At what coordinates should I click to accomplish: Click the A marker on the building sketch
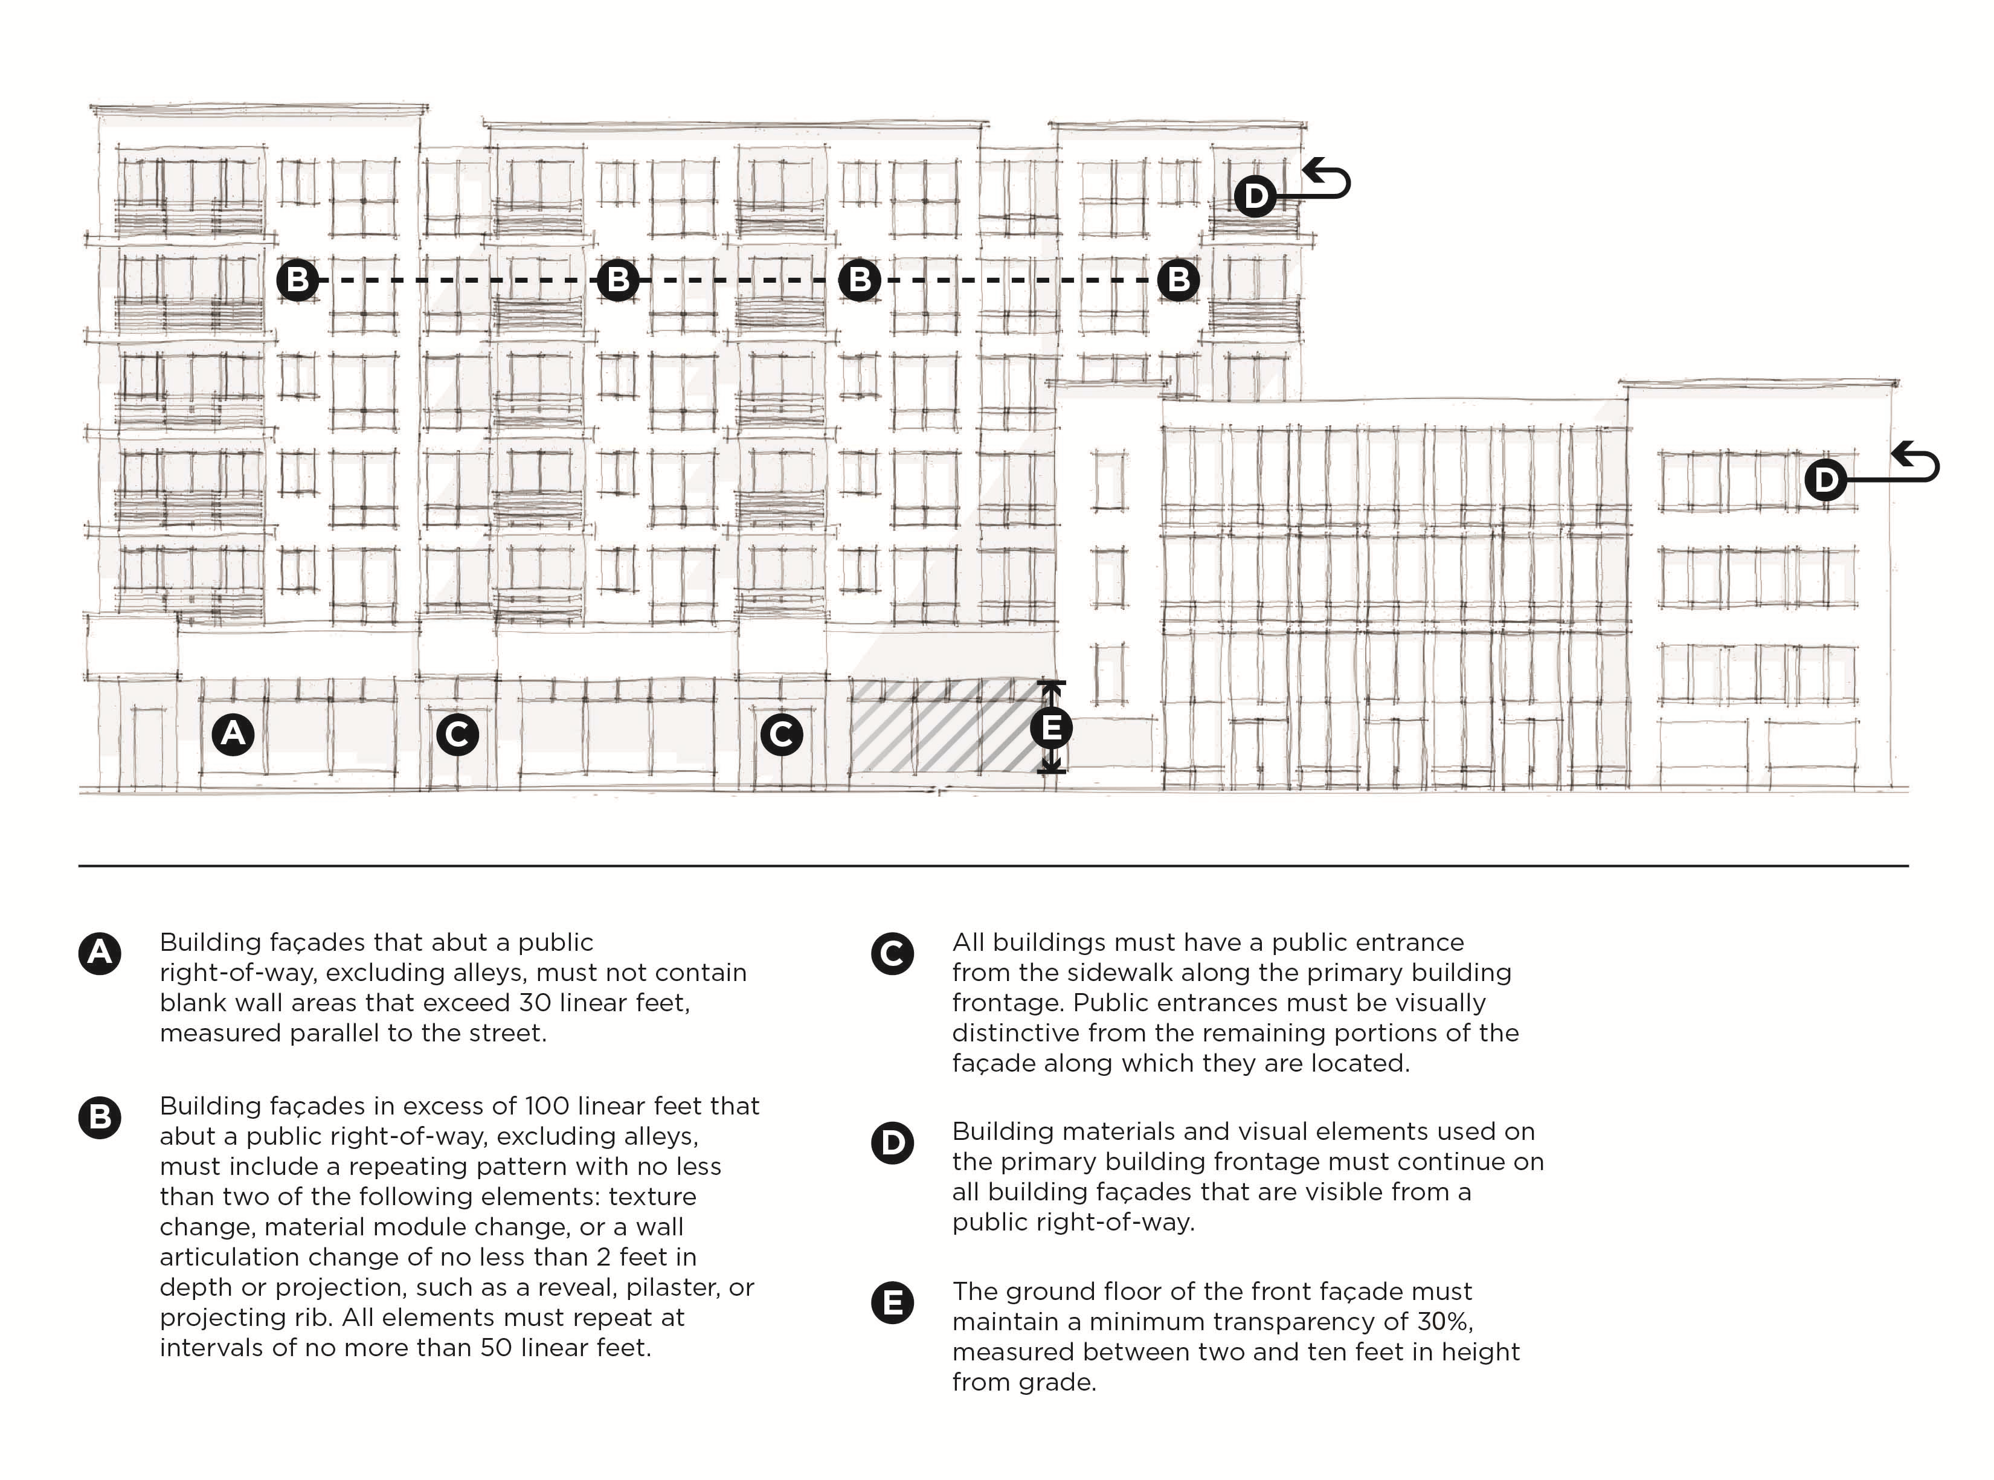pos(233,734)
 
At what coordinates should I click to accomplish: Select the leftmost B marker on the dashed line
pos(297,280)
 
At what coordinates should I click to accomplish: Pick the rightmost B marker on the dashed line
pos(1178,280)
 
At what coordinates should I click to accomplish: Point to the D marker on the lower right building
pos(1825,479)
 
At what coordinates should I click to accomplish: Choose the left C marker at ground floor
pos(457,735)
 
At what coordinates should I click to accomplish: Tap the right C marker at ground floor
pos(781,735)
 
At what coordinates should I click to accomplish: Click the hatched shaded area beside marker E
pos(941,726)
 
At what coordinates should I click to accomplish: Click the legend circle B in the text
pos(100,1117)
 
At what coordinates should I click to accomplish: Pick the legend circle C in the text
pos(892,953)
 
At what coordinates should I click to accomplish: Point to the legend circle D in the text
pos(892,1142)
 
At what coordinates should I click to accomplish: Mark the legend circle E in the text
pos(892,1302)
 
